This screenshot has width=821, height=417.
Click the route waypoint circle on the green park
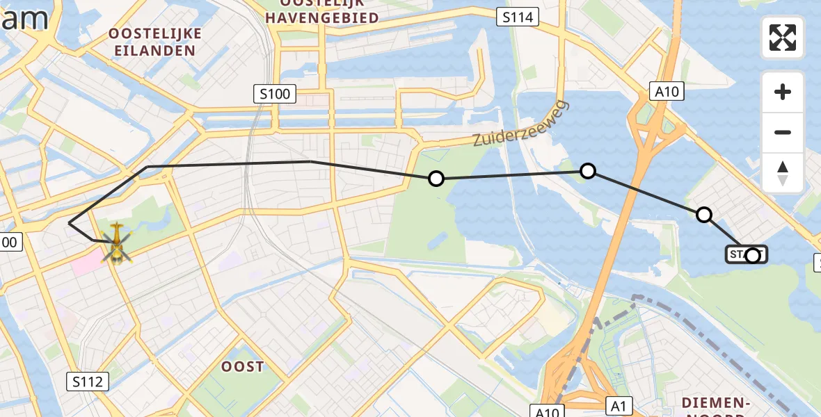[436, 179]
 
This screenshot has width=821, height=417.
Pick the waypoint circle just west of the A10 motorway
[588, 170]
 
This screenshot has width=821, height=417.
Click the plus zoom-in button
[783, 92]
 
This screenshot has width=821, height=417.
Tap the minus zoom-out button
[783, 132]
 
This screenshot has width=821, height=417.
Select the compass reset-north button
[783, 172]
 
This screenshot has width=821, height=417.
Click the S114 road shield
[518, 17]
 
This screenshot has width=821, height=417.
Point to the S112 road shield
[88, 381]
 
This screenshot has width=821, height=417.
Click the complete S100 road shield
[274, 94]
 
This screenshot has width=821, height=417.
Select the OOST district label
[241, 366]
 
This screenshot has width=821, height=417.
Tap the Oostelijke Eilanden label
[155, 42]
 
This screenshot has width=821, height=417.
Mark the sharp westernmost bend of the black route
[70, 223]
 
